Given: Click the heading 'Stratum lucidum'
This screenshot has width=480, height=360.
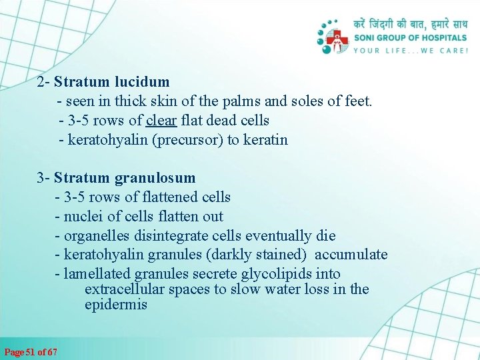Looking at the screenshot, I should click(112, 82).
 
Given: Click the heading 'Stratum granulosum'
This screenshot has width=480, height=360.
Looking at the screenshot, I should click(125, 178).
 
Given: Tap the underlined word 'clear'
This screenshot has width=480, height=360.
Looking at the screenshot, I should click(161, 121).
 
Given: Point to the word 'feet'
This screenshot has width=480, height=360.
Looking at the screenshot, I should click(358, 101).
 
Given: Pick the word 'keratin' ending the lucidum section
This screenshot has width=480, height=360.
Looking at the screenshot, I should click(265, 140).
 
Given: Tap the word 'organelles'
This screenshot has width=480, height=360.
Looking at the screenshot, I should click(96, 236).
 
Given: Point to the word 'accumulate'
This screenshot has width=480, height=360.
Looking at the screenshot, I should click(351, 255).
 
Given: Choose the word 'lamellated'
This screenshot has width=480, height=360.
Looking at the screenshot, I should click(97, 274).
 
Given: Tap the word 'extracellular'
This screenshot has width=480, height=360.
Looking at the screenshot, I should click(125, 289).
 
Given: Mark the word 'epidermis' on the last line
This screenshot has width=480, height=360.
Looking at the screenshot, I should click(115, 305).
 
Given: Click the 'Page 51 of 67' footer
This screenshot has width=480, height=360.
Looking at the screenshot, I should click(31, 352).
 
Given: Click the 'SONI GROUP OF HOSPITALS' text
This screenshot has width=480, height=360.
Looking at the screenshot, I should click(411, 38).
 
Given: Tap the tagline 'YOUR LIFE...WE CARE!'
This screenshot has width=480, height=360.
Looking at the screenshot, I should click(411, 51).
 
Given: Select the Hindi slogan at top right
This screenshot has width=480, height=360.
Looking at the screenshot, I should click(411, 25).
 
